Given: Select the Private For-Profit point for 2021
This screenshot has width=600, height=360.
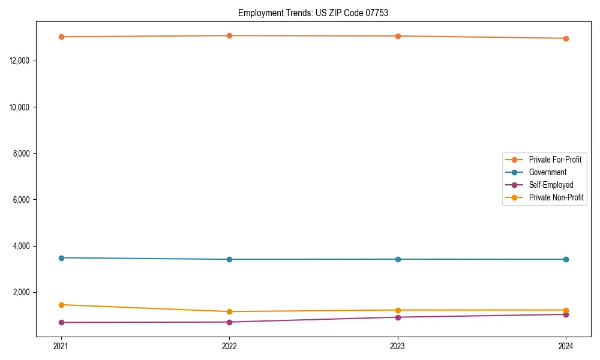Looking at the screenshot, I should pyautogui.click(x=61, y=37).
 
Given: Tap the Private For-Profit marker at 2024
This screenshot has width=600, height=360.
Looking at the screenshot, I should pyautogui.click(x=566, y=38).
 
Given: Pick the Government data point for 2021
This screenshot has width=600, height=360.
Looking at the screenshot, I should pyautogui.click(x=61, y=257).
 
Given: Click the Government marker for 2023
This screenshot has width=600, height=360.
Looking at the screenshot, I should pyautogui.click(x=398, y=259).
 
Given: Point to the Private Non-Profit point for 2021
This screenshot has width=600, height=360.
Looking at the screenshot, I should pyautogui.click(x=61, y=305).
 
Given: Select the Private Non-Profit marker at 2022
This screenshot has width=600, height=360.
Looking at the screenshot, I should pyautogui.click(x=229, y=311).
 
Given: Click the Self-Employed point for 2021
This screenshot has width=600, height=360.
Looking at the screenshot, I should pyautogui.click(x=61, y=322).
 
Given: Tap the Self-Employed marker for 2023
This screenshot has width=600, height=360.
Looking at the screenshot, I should pyautogui.click(x=398, y=317).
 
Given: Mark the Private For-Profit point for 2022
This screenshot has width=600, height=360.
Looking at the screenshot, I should pyautogui.click(x=229, y=35).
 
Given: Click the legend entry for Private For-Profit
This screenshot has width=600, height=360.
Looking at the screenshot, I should pyautogui.click(x=554, y=160).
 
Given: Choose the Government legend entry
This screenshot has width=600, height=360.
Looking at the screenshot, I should pyautogui.click(x=547, y=172).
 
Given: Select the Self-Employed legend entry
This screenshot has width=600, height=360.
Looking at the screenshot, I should pyautogui.click(x=551, y=185).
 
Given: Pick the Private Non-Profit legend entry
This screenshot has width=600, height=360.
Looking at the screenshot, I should pyautogui.click(x=556, y=197).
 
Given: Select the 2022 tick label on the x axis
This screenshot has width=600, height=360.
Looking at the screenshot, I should pyautogui.click(x=229, y=346).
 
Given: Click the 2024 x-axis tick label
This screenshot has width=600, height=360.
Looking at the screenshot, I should pyautogui.click(x=566, y=346).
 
